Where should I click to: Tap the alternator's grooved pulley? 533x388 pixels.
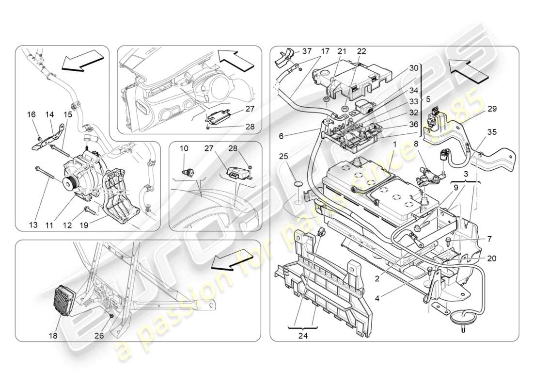(71, 184)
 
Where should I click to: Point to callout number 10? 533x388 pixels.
(185, 148)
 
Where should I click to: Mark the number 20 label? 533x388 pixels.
(492, 259)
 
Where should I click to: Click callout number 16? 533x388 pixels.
(31, 114)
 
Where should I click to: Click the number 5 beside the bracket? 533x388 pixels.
(428, 100)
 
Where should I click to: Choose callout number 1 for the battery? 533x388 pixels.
(395, 145)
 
